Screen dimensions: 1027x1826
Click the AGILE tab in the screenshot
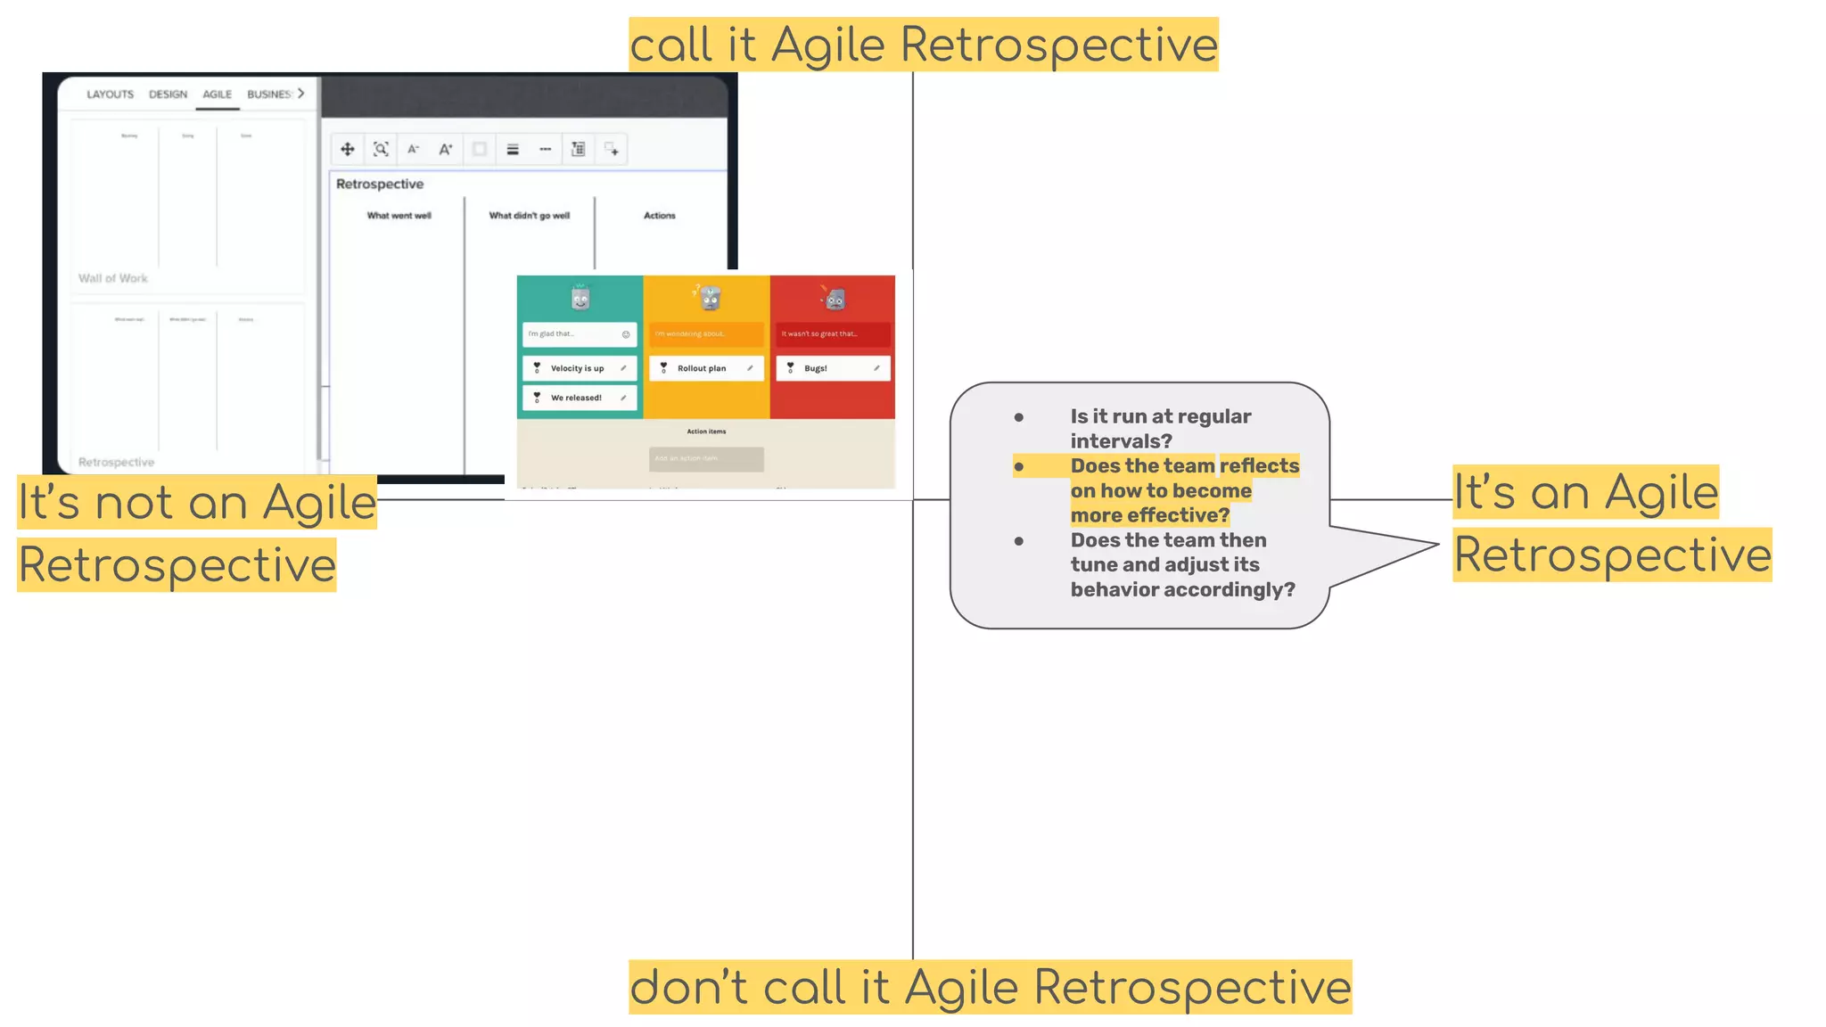(217, 94)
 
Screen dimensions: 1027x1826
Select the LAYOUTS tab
(110, 94)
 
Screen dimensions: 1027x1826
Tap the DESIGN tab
(168, 94)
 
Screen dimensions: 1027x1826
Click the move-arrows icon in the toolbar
(348, 149)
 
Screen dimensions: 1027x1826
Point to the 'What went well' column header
(399, 216)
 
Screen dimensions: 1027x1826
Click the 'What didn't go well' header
(529, 216)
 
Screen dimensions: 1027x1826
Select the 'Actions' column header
(659, 216)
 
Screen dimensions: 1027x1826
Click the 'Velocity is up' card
(579, 368)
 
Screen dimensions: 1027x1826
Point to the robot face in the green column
(580, 298)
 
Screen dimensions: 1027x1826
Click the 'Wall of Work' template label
(113, 278)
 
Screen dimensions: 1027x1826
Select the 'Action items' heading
(706, 431)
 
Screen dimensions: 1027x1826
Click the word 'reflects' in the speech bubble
(1259, 466)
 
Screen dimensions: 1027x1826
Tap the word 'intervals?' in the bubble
(1121, 441)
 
